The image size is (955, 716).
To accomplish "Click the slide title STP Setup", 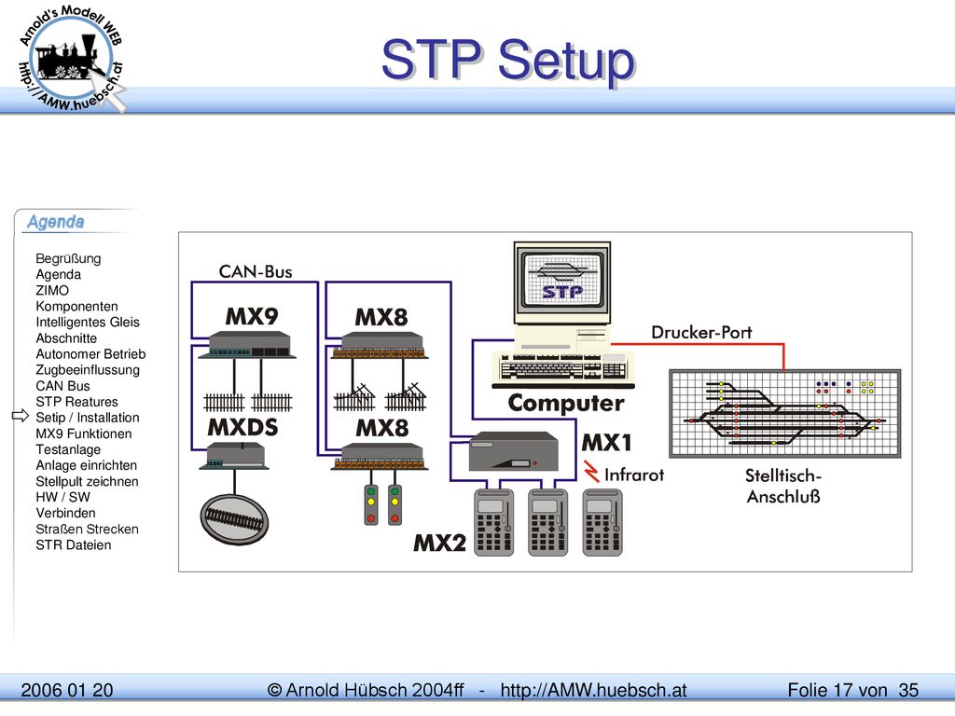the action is [508, 60].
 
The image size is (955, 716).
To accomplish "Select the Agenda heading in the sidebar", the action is [55, 222].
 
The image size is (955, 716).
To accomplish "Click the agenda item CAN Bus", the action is [62, 386].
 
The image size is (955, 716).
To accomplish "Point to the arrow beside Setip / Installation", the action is [21, 416].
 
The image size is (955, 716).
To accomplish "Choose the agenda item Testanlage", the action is [68, 449].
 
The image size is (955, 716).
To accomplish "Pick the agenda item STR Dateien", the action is [73, 544].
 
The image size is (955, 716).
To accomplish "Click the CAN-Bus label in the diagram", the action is [256, 271].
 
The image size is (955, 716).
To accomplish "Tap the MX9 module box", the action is [251, 344].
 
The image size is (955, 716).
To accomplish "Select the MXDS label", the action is [242, 427].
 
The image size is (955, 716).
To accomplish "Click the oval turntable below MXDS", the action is [234, 518].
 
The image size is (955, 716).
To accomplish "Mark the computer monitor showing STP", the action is [562, 283].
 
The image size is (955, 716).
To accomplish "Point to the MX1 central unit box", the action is [514, 450].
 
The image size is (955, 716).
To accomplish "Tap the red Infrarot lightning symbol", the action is [590, 471].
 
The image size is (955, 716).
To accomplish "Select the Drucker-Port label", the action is [701, 333].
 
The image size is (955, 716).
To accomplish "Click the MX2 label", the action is [439, 543].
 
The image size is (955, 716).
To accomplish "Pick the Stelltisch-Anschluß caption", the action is [783, 486].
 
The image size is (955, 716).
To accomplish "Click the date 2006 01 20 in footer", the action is [67, 690].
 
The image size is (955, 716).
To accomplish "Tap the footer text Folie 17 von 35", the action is [852, 690].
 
